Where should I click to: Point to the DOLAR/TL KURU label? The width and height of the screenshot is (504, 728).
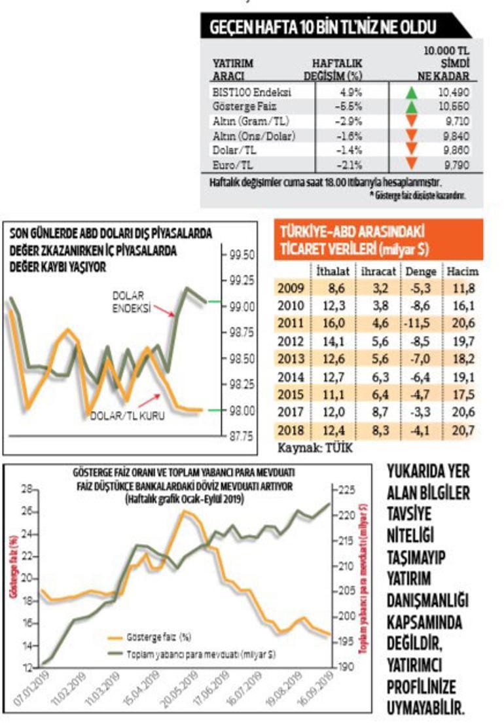click(x=127, y=415)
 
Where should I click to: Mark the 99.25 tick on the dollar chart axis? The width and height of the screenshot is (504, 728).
click(x=243, y=280)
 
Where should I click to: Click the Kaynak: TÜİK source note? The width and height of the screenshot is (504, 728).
click(x=306, y=448)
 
